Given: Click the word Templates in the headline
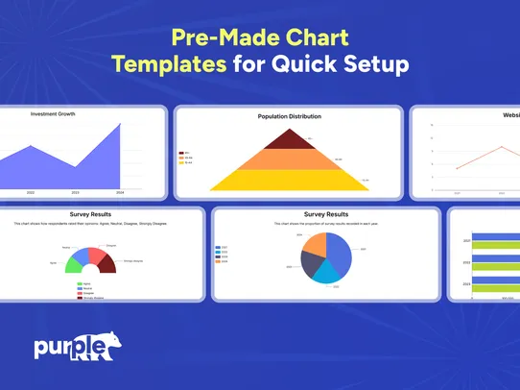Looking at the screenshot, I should click(x=167, y=64).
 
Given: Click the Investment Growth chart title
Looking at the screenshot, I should click(x=53, y=113).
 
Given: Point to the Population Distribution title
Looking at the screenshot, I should click(x=289, y=116).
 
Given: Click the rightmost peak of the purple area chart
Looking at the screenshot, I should click(x=120, y=124).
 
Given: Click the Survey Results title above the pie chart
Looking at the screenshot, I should click(x=327, y=214).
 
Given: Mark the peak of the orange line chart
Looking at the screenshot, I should click(x=500, y=146).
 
